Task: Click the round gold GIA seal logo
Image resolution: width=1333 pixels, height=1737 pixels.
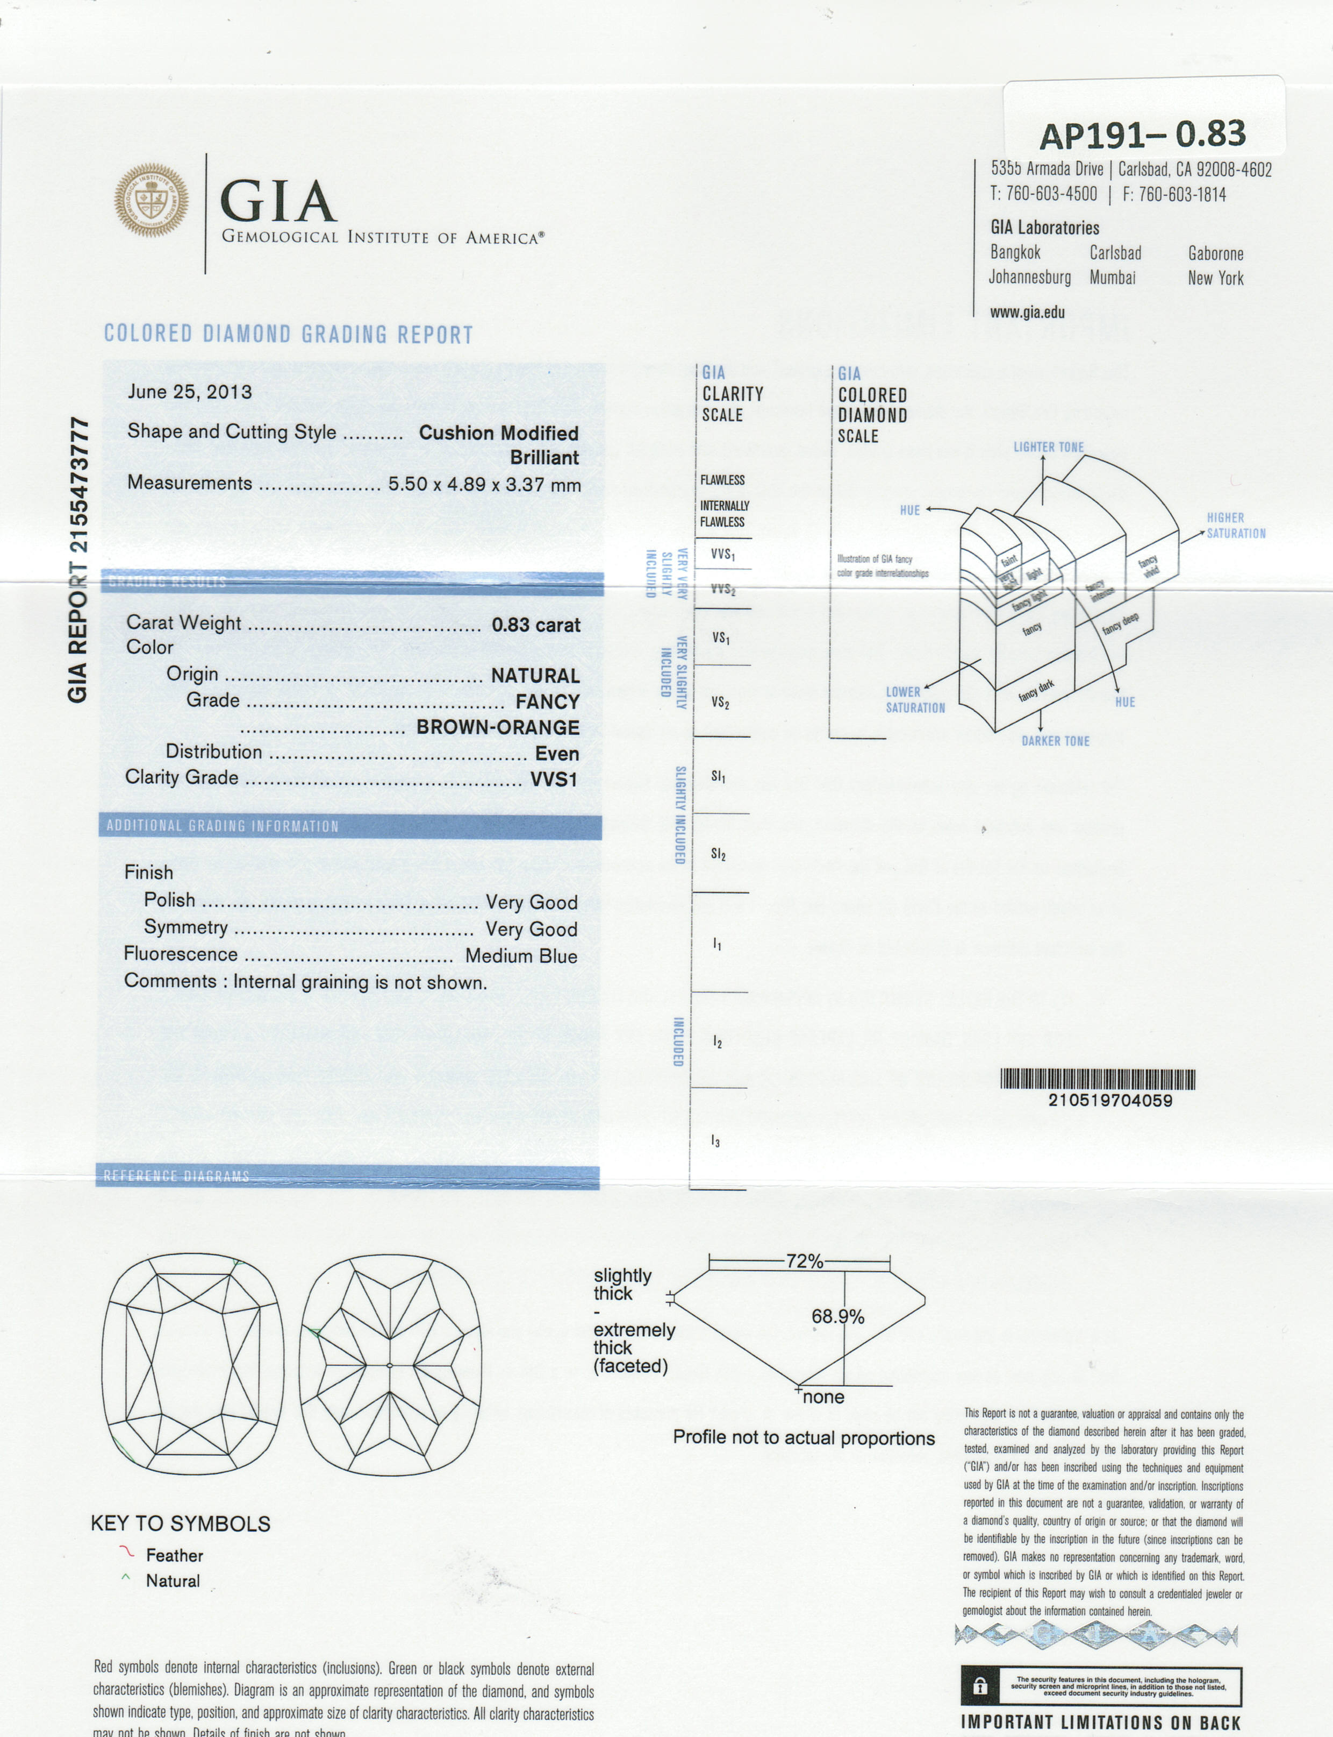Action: [x=152, y=200]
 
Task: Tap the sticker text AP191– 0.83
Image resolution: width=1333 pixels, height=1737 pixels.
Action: [x=1143, y=134]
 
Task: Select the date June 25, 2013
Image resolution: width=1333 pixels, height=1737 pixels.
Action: [x=190, y=392]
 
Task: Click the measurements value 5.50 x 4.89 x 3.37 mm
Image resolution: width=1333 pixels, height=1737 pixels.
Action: [x=484, y=484]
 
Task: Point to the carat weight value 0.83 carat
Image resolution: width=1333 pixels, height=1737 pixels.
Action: [x=535, y=625]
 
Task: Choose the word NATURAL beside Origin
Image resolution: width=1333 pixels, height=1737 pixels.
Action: [x=535, y=676]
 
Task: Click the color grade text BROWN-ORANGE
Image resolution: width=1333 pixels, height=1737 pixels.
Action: [x=498, y=727]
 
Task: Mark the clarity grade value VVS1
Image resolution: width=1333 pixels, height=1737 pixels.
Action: [x=553, y=779]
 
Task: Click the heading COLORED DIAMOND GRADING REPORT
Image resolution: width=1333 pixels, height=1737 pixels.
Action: [x=288, y=334]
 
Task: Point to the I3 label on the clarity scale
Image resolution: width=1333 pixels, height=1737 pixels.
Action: [x=716, y=1141]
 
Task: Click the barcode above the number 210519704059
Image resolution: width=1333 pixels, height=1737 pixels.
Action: [x=1098, y=1079]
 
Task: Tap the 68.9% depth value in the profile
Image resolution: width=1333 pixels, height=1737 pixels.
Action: [x=837, y=1316]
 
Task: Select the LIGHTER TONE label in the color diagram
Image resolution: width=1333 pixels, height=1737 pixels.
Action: [x=1048, y=447]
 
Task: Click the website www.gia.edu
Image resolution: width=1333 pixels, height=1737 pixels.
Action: [x=1027, y=312]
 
